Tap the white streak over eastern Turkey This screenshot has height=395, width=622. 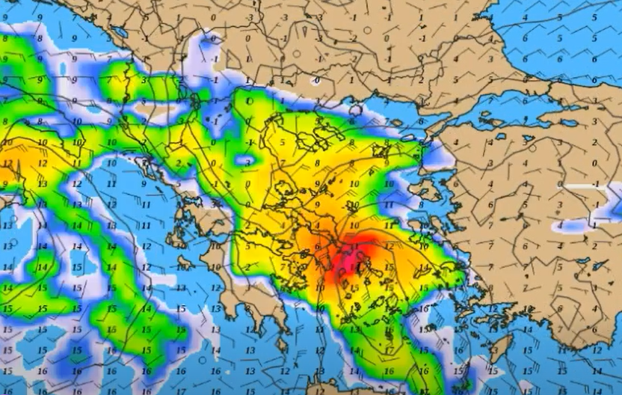tap(591, 187)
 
